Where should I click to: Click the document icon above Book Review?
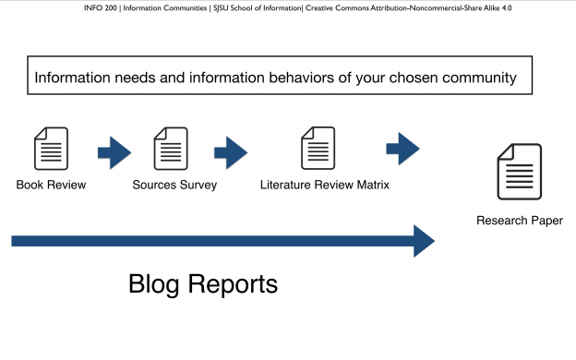[51, 149]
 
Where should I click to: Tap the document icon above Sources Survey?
[171, 149]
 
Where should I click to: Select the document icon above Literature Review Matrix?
[318, 149]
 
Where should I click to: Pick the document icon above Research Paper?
[520, 172]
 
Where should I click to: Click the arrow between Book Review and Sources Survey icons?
[114, 152]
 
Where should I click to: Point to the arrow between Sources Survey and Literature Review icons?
[230, 150]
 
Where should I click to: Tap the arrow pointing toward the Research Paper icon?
[402, 148]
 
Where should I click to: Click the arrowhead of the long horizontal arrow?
[423, 241]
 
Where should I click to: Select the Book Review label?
[51, 185]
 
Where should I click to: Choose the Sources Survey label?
[174, 185]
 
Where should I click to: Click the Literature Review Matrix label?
[325, 185]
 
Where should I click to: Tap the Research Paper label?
[520, 221]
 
